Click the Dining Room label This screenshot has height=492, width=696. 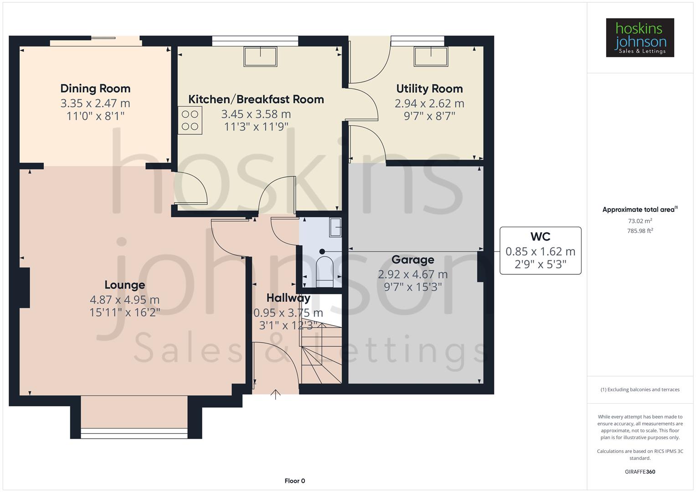(95, 88)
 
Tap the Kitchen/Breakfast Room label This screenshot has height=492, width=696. (256, 99)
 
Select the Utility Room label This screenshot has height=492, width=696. (429, 88)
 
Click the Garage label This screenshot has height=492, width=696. (412, 260)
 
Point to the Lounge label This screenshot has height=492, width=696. (124, 285)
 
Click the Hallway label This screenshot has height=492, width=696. (288, 298)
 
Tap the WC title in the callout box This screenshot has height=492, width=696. (540, 236)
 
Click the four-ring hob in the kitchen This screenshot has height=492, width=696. (190, 120)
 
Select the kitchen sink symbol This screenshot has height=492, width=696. (260, 56)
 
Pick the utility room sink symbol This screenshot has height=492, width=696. (430, 56)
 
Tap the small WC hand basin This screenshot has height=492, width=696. (335, 227)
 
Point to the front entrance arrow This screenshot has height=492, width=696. (275, 395)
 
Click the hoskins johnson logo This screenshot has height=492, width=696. (639, 38)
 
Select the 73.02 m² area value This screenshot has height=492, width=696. (639, 221)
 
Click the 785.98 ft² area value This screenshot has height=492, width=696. (639, 231)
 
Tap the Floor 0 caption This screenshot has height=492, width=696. (294, 481)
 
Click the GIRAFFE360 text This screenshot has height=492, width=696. (639, 471)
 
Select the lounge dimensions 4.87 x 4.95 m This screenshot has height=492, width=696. (124, 300)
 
